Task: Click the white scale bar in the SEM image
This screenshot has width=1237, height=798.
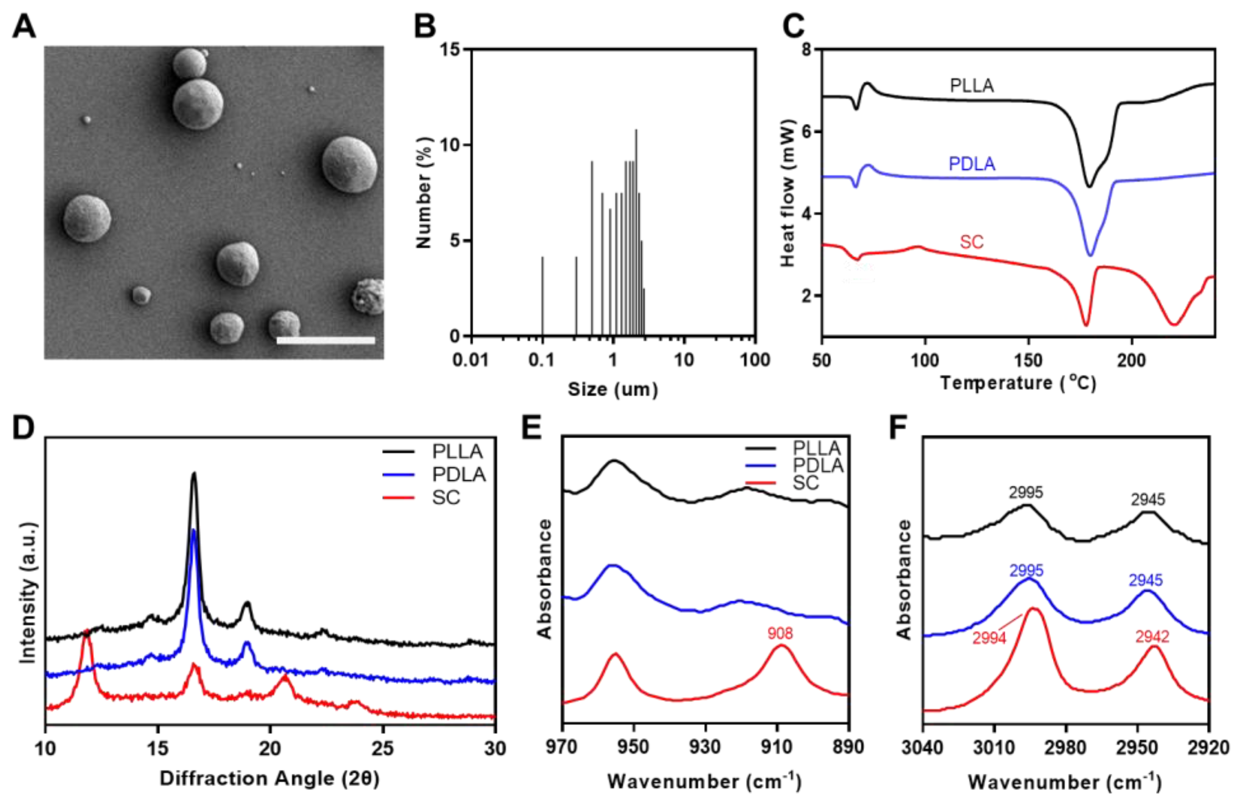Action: (x=325, y=340)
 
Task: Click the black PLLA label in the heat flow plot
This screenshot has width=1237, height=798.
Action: (x=972, y=86)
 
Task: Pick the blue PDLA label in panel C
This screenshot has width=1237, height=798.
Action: (x=972, y=164)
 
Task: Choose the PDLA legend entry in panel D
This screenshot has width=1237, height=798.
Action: (x=458, y=475)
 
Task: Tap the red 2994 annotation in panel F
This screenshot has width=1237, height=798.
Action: (x=989, y=638)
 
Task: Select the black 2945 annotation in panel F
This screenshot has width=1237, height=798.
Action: (x=1148, y=499)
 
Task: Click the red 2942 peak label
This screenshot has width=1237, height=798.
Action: (x=1153, y=637)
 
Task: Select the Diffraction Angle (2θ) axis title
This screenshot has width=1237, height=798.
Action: (x=269, y=778)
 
